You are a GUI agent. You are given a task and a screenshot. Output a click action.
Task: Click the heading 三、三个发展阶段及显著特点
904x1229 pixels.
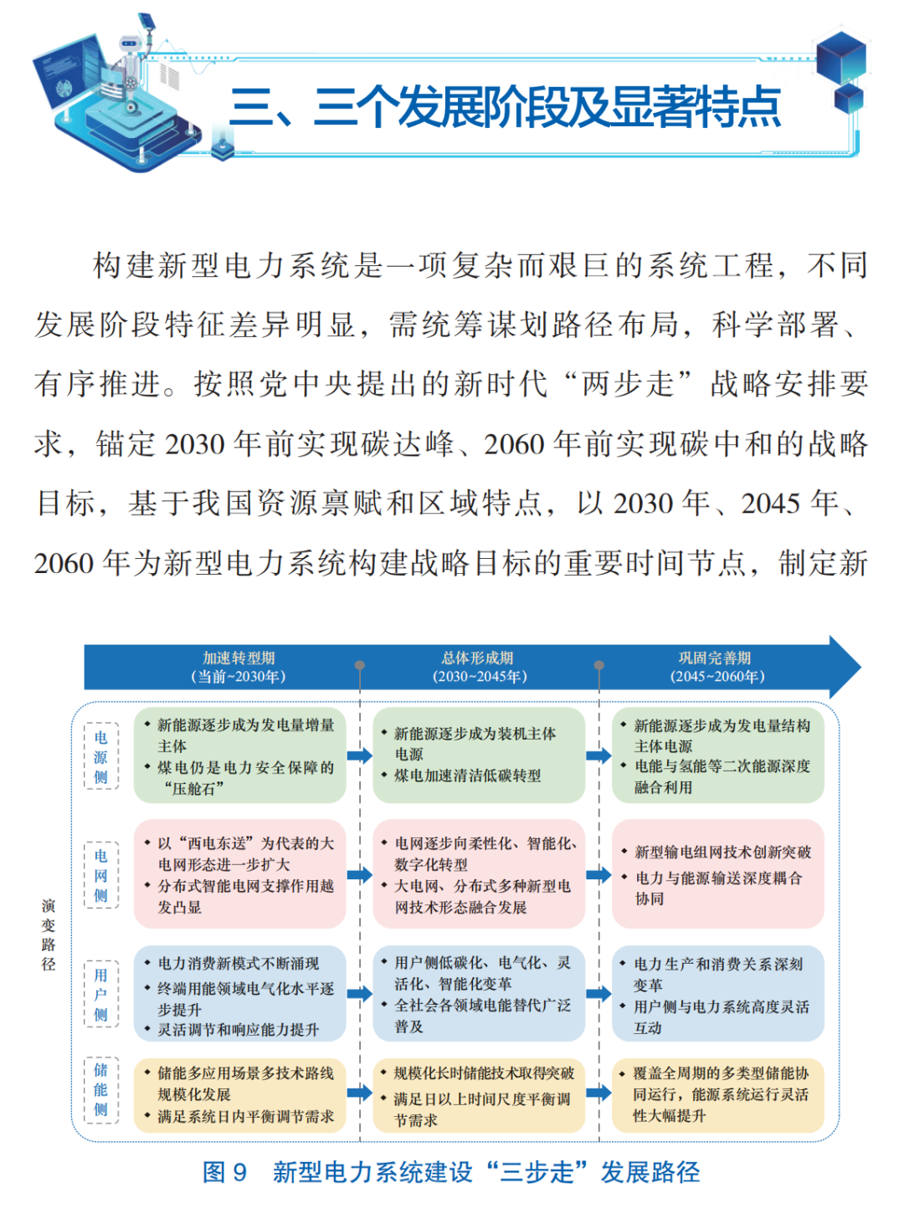[x=505, y=108]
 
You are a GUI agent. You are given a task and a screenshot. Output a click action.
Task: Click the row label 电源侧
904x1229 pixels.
[x=101, y=757]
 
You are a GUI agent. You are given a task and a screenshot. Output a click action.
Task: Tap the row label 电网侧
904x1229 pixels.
[x=101, y=875]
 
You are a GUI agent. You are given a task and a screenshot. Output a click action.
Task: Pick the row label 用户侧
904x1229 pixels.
[x=101, y=994]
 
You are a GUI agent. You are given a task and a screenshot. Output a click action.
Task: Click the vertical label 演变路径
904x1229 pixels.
[x=49, y=935]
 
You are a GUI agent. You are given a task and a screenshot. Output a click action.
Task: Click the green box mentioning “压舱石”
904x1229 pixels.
[x=239, y=756]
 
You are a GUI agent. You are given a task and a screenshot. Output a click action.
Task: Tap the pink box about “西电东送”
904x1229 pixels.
[x=239, y=874]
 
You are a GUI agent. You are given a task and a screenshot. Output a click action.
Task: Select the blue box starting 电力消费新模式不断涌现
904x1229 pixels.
[x=239, y=994]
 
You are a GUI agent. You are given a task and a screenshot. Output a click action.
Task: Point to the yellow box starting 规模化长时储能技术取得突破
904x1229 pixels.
[x=479, y=1095]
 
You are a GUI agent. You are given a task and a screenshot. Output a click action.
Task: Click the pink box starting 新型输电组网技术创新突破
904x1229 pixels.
[x=718, y=874]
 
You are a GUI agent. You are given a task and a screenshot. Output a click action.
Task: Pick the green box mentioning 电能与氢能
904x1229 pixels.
[x=718, y=756]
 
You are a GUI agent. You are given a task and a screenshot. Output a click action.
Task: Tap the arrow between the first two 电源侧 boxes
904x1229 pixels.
[x=360, y=755]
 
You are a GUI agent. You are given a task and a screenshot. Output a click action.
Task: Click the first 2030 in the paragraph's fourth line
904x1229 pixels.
[x=195, y=444]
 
